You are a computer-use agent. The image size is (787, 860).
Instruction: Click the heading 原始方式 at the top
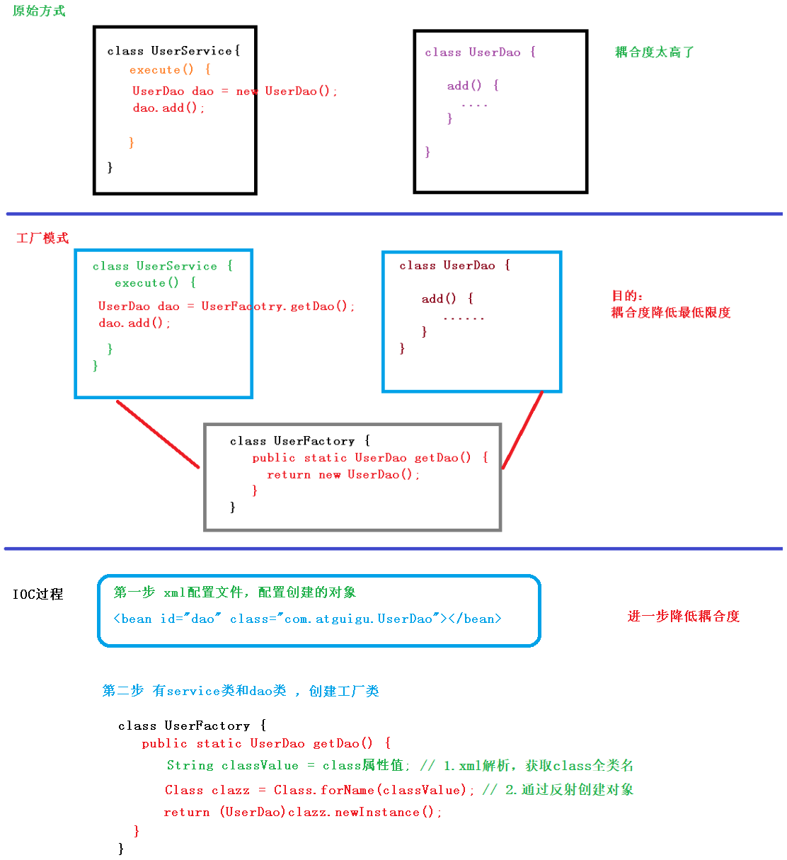(x=39, y=11)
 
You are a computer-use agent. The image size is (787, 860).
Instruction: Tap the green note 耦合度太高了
(x=654, y=52)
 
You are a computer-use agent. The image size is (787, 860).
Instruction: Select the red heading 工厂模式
(x=42, y=238)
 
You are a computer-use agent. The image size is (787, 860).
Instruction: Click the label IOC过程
(x=38, y=595)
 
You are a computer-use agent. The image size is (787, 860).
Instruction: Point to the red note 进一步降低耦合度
(x=683, y=617)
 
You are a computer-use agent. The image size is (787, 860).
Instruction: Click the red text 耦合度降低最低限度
(x=670, y=313)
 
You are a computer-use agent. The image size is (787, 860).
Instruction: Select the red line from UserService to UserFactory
(x=158, y=434)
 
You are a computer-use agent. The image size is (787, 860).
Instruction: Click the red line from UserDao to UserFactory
(x=522, y=430)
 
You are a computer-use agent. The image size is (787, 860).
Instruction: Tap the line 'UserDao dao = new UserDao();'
(x=234, y=91)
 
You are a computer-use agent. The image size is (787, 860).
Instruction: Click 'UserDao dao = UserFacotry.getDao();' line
(x=226, y=306)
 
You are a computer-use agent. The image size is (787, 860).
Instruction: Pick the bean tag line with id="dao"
(x=307, y=619)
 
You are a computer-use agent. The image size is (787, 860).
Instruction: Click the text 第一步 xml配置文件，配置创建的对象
(x=234, y=592)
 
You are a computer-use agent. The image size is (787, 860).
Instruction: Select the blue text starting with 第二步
(x=241, y=691)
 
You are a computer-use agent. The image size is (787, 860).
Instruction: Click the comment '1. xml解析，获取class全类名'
(x=527, y=766)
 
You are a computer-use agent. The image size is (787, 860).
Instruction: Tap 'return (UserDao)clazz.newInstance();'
(x=302, y=813)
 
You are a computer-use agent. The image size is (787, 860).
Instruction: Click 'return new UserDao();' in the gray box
(x=343, y=475)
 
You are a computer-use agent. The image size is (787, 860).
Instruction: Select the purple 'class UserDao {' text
(x=480, y=52)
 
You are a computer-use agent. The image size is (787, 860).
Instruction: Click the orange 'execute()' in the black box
(x=161, y=70)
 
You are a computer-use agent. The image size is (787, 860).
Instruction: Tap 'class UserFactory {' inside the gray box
(x=299, y=441)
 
